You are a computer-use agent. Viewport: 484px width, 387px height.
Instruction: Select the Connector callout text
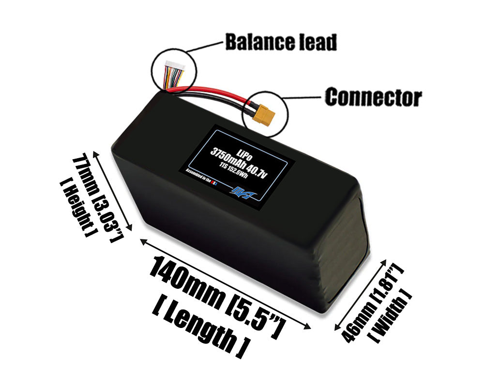point(373,97)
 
